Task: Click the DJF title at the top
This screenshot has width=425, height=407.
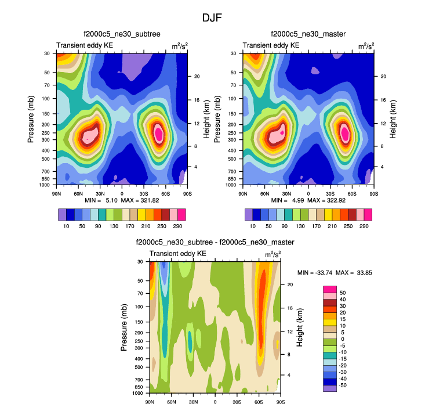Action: point(212,18)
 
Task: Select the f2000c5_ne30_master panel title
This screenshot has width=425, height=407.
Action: point(308,35)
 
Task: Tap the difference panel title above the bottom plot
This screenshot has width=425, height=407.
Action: point(215,242)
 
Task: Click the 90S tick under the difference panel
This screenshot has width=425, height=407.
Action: point(280,402)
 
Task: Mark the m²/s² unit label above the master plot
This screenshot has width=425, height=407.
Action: point(365,45)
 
